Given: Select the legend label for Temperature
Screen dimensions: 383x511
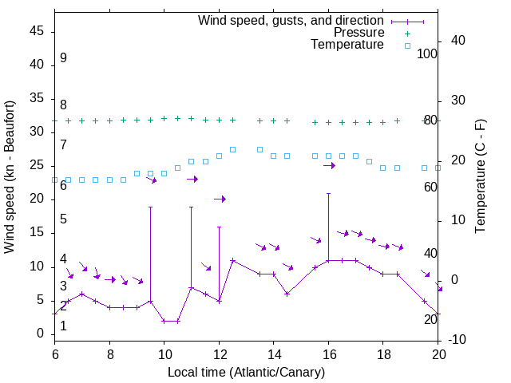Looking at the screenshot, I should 347,45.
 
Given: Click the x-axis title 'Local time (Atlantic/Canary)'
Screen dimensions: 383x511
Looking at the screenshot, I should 247,372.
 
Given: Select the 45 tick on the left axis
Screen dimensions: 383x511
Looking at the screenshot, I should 37,31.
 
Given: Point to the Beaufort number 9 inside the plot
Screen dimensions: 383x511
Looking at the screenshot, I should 63,58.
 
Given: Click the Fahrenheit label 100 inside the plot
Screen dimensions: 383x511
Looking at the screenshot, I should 427,54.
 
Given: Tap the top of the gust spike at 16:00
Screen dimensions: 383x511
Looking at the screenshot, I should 328,193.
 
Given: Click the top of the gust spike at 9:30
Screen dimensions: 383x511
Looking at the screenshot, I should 150,207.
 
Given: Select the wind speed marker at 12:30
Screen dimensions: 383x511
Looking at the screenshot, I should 232,260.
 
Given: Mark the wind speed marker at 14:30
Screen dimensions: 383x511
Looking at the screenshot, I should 287,294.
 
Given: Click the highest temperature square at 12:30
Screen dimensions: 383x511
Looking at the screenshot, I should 232,149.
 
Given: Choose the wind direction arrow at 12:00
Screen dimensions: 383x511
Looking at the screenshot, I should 220,199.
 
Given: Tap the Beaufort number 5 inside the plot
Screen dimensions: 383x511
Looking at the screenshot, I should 63,219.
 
